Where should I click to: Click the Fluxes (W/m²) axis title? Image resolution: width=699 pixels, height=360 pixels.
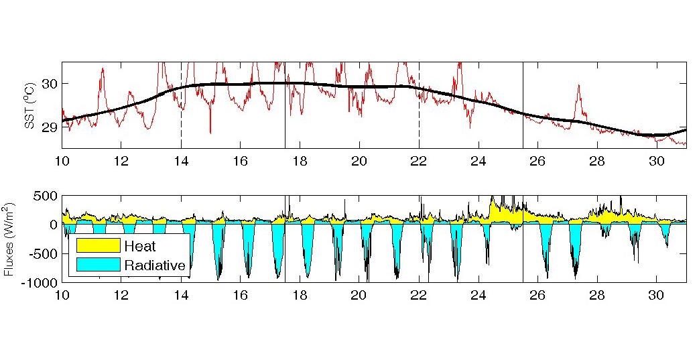pos(9,239)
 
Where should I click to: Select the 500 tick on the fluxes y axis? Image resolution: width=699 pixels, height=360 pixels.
pos(46,196)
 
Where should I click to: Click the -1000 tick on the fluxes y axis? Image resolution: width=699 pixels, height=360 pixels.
pos(42,282)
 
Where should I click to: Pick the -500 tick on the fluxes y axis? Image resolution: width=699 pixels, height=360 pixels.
pos(44,253)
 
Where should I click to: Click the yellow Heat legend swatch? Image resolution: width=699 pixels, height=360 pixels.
pos(98,246)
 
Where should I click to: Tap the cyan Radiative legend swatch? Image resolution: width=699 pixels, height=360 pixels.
pos(98,265)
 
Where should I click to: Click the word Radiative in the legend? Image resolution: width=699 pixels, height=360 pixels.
pos(154,265)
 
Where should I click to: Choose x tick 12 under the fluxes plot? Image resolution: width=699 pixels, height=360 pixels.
pos(121,294)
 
